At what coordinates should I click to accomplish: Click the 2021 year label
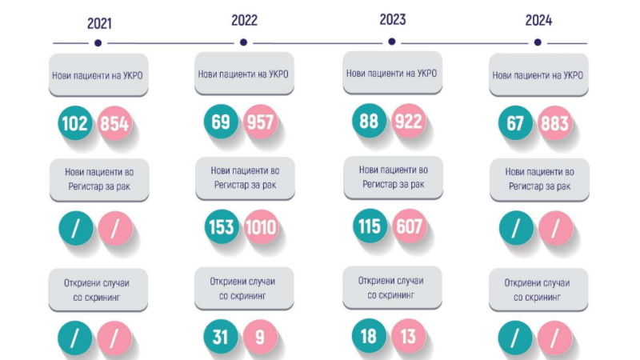click(98, 22)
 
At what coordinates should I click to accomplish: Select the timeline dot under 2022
click(243, 42)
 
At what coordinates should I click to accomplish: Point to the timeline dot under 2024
click(538, 42)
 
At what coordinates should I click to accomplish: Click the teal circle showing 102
click(76, 124)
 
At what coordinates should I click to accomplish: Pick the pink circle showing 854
click(114, 124)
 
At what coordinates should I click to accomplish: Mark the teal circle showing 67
click(516, 124)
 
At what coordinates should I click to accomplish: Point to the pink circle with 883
click(555, 124)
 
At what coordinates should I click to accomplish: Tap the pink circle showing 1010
click(261, 227)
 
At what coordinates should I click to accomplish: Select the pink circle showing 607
click(409, 226)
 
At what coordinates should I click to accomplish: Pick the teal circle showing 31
click(222, 336)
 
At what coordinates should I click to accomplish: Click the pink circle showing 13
click(409, 336)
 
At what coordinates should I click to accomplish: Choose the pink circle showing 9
click(261, 336)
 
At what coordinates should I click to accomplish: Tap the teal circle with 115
click(370, 226)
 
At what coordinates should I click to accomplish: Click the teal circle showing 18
click(370, 336)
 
